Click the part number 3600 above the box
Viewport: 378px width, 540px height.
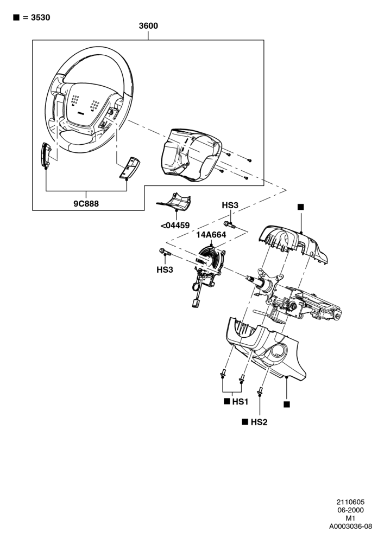pyautogui.click(x=148, y=26)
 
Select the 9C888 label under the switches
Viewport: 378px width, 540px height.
pyautogui.click(x=86, y=203)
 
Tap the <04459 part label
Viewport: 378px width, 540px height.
pyautogui.click(x=175, y=226)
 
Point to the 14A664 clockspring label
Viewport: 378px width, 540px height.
pyautogui.click(x=211, y=235)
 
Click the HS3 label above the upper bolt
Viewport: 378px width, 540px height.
pyautogui.click(x=230, y=205)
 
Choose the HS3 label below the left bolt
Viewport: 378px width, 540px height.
pyautogui.click(x=165, y=269)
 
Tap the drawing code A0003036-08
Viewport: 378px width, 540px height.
pyautogui.click(x=350, y=526)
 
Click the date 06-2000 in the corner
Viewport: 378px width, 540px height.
pyautogui.click(x=350, y=510)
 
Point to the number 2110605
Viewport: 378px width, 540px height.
pyautogui.click(x=350, y=502)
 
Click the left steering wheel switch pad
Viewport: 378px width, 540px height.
pyautogui.click(x=46, y=155)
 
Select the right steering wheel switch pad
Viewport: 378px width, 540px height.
pyautogui.click(x=130, y=168)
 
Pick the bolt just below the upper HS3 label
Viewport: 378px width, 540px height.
pyautogui.click(x=229, y=225)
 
